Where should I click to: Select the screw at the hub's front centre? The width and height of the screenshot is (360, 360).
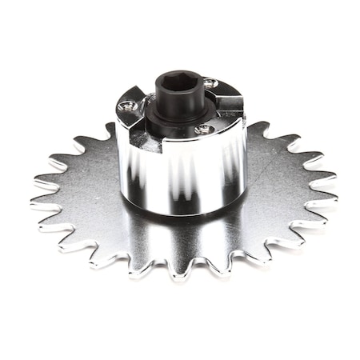click(203, 128)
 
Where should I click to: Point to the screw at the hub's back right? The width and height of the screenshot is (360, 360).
click(209, 83)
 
